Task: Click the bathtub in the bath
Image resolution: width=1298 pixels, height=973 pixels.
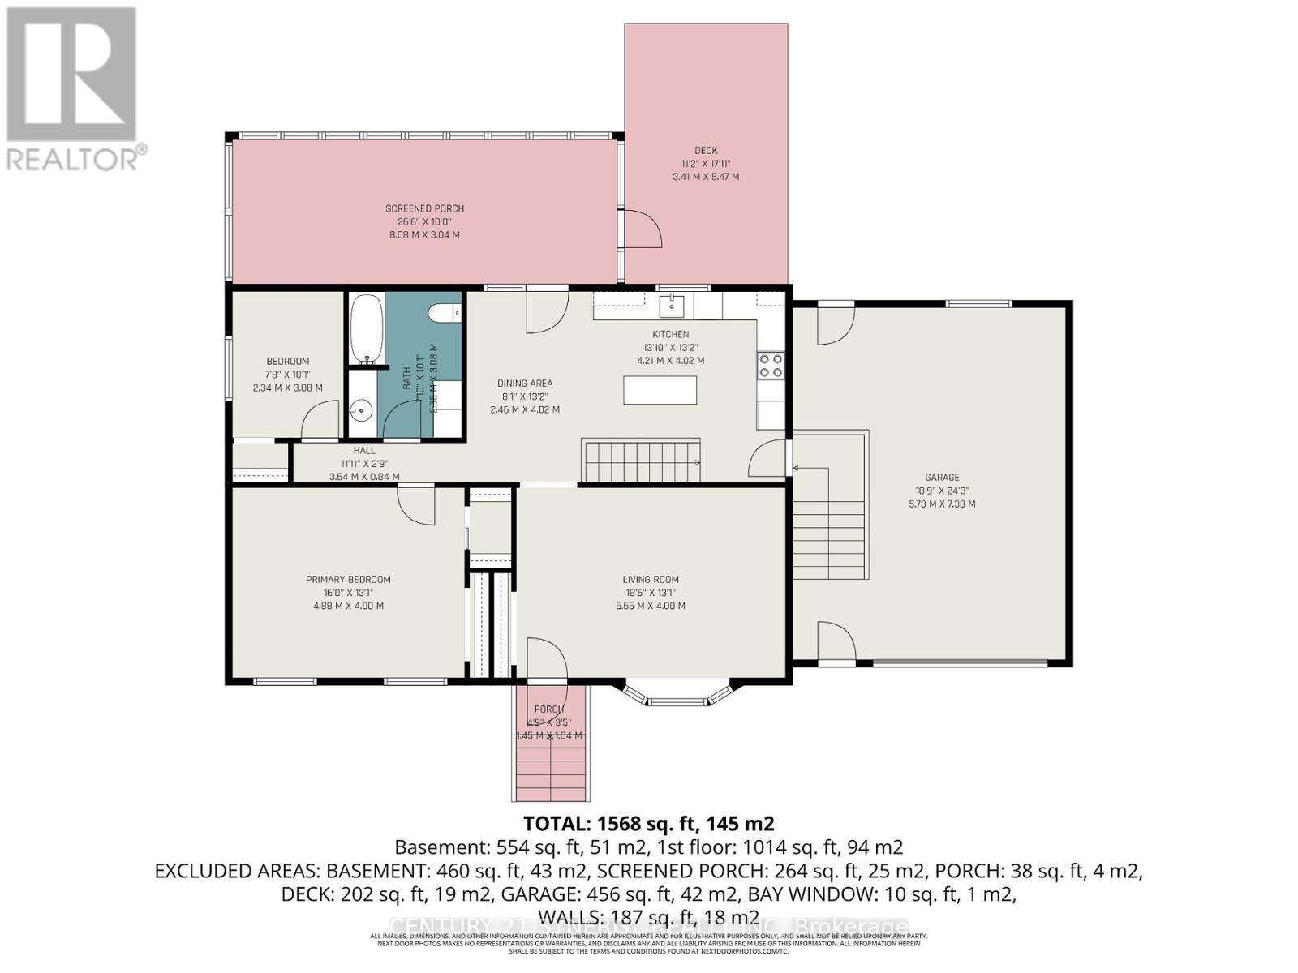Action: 367,328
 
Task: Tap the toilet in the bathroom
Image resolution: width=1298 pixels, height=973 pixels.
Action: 444,312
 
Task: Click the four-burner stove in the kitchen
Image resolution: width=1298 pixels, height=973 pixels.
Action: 771,366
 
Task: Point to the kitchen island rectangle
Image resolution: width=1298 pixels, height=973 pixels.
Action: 660,390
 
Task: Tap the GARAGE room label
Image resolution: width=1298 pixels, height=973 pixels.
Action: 942,478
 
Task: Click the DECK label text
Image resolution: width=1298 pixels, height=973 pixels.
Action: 706,150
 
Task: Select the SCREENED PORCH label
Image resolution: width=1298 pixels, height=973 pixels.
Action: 424,208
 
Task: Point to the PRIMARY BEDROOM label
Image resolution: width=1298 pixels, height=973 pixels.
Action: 348,579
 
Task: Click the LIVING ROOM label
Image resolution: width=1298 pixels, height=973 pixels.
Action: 651,579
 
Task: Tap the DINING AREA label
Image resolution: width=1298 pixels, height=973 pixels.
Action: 525,384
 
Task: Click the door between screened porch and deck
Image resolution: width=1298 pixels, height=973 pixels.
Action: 641,229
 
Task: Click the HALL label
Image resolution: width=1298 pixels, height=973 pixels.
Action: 364,451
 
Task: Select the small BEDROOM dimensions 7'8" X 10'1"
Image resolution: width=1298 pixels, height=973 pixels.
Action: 287,375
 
